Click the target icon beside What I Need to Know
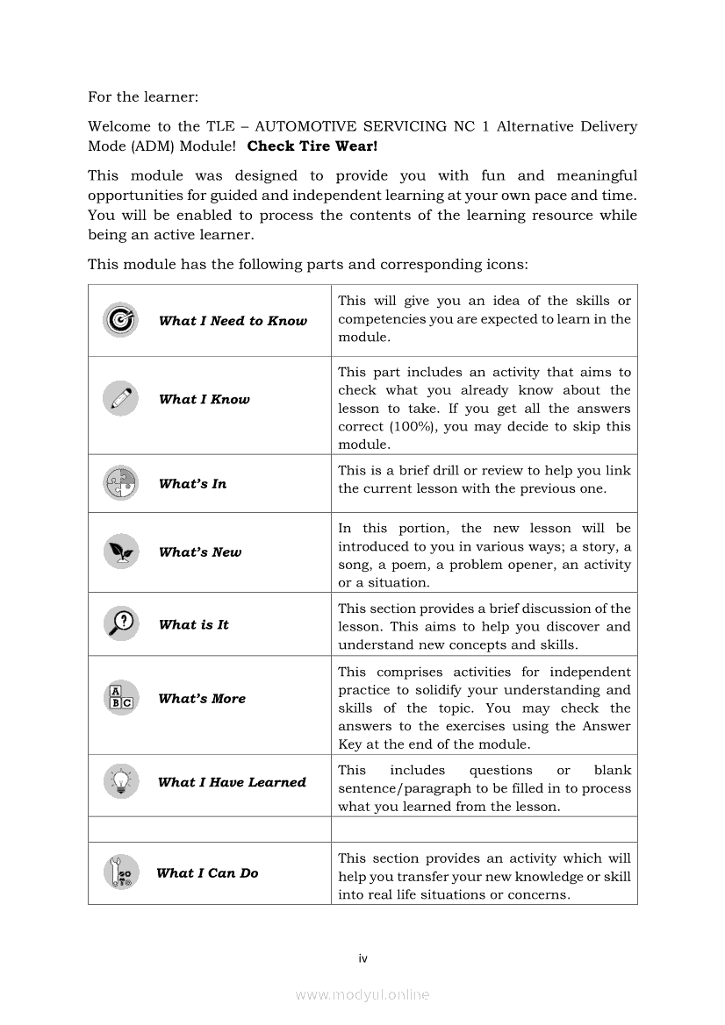coord(120,320)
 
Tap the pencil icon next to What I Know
coord(120,399)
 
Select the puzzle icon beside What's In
coord(120,483)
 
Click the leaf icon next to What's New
coord(120,552)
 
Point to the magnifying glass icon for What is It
coord(120,624)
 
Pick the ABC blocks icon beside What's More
coord(120,698)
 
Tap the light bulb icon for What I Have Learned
coord(120,781)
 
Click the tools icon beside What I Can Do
coord(120,872)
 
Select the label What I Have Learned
coord(232,782)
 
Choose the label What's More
coord(202,699)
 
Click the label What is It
coord(193,625)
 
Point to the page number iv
coord(362,958)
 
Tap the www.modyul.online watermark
coord(362,994)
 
